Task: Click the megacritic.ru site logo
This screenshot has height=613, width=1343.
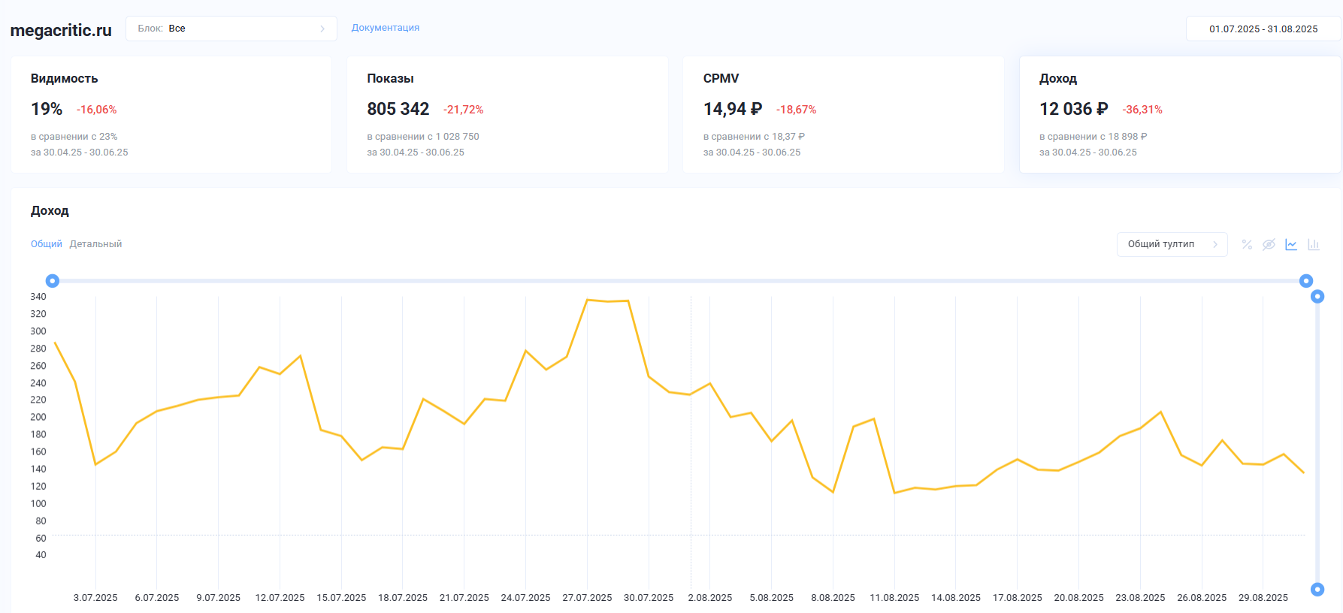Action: click(61, 30)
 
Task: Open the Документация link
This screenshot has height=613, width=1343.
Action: click(386, 28)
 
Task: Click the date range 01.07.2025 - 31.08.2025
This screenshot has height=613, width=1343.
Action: click(1263, 29)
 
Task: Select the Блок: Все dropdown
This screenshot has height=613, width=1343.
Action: click(231, 29)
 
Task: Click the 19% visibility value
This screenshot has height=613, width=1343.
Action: click(47, 110)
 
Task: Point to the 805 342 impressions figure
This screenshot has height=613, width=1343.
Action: click(398, 110)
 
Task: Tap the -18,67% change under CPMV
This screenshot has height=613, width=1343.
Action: click(796, 110)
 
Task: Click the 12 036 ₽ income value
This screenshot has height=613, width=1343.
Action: click(1073, 110)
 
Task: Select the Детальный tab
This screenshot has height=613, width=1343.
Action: click(95, 244)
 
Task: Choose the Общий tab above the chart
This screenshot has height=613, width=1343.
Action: click(47, 244)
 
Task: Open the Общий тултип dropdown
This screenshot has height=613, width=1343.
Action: click(1172, 244)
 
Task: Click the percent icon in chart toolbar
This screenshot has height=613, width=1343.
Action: click(1247, 245)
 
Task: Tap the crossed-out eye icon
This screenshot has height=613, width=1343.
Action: click(1269, 245)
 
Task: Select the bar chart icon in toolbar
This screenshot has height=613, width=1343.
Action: click(1314, 245)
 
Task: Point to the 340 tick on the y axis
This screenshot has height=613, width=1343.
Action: click(38, 297)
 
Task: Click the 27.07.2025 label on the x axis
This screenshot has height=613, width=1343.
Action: click(587, 598)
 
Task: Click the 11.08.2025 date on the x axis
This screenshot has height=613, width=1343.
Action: click(894, 598)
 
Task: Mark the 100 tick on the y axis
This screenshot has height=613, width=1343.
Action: click(38, 503)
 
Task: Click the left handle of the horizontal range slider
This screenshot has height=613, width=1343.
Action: click(53, 281)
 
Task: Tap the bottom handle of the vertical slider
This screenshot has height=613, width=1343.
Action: click(1317, 590)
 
